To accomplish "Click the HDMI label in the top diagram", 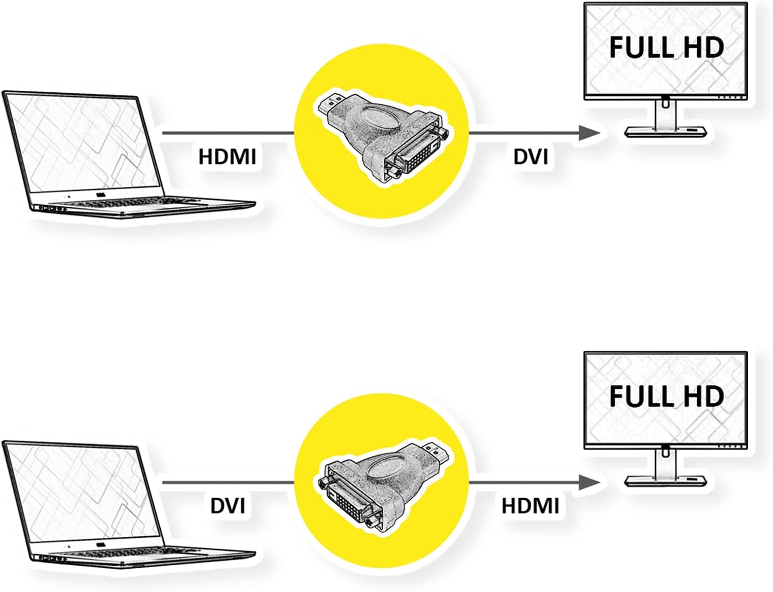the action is pyautogui.click(x=227, y=157).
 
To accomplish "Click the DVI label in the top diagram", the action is pyautogui.click(x=531, y=157).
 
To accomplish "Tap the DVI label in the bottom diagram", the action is pyautogui.click(x=227, y=506).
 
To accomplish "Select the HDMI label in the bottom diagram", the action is pyautogui.click(x=530, y=506).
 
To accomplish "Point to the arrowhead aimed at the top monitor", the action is pyautogui.click(x=589, y=133).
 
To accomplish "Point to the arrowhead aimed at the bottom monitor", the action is pyautogui.click(x=589, y=482).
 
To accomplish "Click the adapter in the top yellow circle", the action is pyautogui.click(x=382, y=139).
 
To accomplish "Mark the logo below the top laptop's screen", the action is pyautogui.click(x=101, y=194).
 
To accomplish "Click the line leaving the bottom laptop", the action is pyautogui.click(x=228, y=482).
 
